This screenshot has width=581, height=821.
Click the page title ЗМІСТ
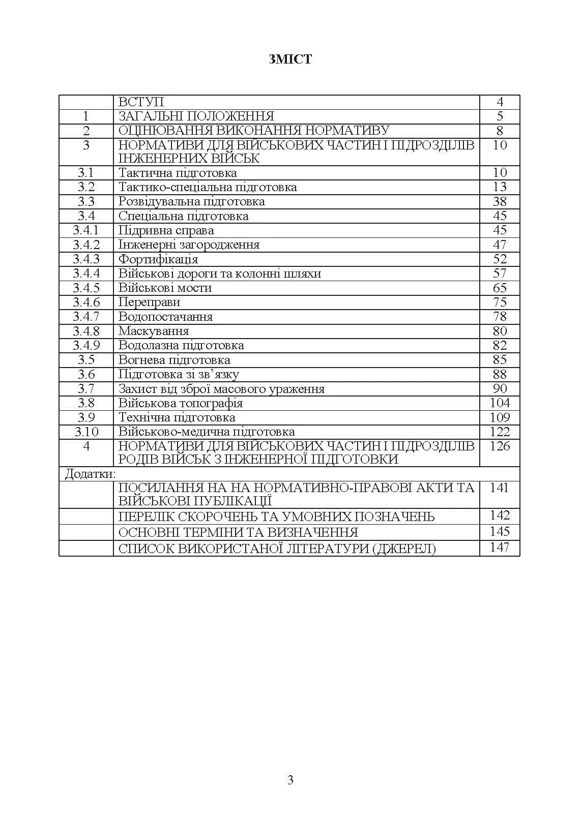290,59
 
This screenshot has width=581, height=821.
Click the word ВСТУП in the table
141,102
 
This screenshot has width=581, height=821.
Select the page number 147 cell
500,548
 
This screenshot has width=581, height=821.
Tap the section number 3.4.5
86,288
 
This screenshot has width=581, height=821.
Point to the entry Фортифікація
158,259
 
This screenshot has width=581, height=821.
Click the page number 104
500,403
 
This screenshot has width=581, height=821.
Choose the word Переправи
149,302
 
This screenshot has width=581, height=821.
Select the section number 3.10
86,432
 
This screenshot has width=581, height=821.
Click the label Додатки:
90,474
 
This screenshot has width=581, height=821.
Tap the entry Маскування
154,331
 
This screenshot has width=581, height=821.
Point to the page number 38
500,202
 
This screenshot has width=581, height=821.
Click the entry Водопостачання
165,317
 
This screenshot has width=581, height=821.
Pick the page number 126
500,446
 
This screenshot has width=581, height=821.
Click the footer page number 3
290,780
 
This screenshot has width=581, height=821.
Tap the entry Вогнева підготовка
174,360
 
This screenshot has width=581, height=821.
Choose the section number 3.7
86,389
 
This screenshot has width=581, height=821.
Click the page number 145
500,532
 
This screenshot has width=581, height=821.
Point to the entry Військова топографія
181,403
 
